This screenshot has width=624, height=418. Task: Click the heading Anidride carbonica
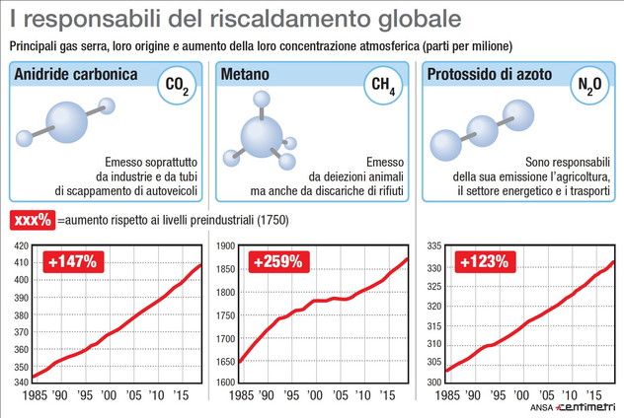[75, 77]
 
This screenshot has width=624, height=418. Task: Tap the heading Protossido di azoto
[492, 77]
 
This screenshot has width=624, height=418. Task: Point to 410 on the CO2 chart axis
[18, 263]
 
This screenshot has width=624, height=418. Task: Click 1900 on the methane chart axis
[225, 244]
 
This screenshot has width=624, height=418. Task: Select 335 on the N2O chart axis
[431, 244]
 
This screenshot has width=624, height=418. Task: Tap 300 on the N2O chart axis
[431, 383]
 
